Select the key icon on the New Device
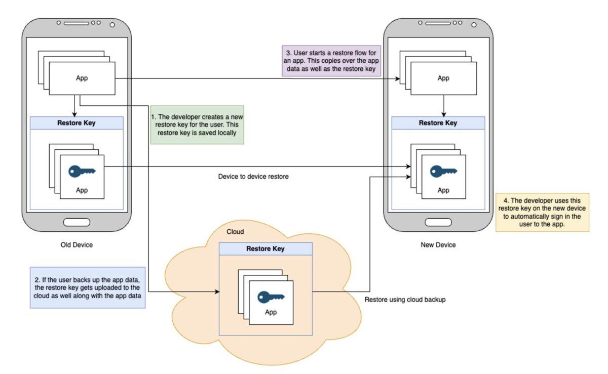click(x=443, y=172)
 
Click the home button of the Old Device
click(x=77, y=222)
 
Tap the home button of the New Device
click(x=438, y=222)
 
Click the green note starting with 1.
click(x=197, y=124)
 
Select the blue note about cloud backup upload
click(x=88, y=287)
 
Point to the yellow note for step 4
click(x=542, y=212)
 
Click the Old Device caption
click(x=77, y=245)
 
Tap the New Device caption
click(x=438, y=245)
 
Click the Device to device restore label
click(x=253, y=177)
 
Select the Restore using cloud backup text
click(x=405, y=300)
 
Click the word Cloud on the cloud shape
click(x=235, y=232)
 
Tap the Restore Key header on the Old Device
click(x=77, y=123)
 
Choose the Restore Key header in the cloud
click(x=265, y=249)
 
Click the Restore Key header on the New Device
click(x=438, y=123)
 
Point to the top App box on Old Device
click(x=82, y=78)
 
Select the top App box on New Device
click(x=443, y=78)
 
